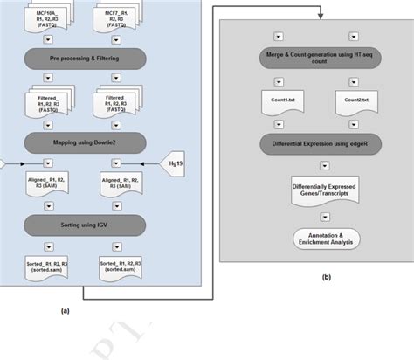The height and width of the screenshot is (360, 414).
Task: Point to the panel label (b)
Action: (326, 278)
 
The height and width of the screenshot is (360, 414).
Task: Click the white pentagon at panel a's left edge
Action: (3, 163)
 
